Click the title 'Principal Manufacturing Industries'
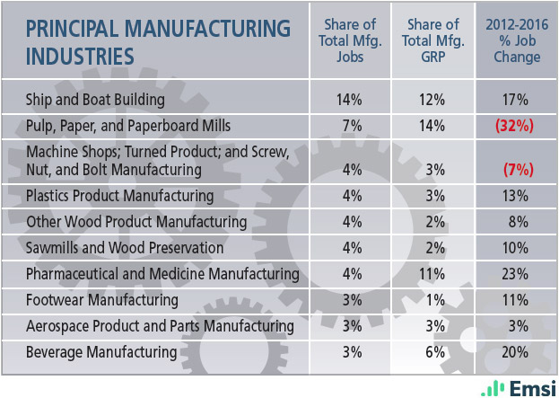(158, 41)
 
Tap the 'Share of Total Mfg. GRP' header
(432, 41)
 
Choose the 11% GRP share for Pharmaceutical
(432, 273)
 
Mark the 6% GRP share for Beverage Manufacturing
(432, 351)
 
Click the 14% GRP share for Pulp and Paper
(432, 126)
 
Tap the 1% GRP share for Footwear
(432, 299)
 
